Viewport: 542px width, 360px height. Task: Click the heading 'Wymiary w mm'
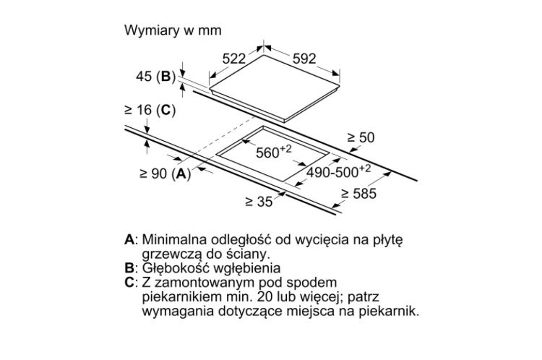[173, 31]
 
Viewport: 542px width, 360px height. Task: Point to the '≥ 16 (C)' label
[150, 110]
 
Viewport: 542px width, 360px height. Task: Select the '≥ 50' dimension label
[361, 137]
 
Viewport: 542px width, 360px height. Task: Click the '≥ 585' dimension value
[360, 194]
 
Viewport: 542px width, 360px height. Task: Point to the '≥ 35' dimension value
[258, 202]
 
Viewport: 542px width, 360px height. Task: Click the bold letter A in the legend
[129, 239]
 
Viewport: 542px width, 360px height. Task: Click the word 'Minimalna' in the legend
[173, 239]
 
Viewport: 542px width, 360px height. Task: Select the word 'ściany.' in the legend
[248, 254]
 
